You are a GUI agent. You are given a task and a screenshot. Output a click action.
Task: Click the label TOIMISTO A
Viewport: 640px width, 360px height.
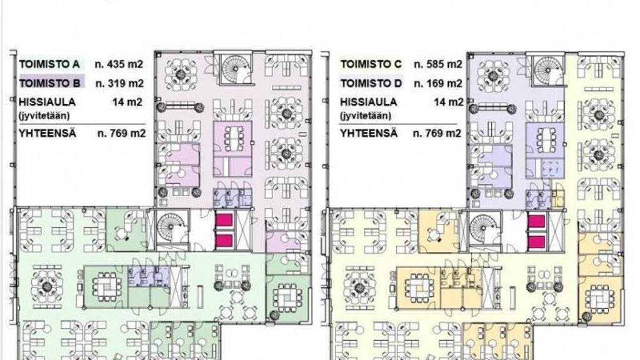coord(49,64)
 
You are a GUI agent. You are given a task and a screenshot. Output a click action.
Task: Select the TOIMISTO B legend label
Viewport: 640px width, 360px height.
coord(49,83)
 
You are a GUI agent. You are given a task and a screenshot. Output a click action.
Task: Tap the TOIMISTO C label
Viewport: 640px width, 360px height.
coord(371,64)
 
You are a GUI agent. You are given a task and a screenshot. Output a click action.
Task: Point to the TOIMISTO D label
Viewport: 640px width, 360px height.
coord(371,83)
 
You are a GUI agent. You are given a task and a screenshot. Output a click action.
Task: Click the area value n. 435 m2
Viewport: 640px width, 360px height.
coord(119,64)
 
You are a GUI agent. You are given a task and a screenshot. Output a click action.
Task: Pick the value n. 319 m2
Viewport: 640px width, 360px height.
coord(119,83)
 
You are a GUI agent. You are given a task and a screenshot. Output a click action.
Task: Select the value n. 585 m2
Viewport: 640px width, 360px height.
coord(438,64)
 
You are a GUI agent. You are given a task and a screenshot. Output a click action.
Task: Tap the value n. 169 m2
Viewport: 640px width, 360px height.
coord(438,83)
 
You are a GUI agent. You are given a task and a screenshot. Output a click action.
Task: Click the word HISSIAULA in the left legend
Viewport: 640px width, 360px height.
coord(47,102)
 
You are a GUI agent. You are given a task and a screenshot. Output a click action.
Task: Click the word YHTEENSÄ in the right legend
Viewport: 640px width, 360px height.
coord(369,133)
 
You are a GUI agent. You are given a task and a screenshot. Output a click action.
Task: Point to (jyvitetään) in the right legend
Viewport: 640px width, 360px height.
coord(365,116)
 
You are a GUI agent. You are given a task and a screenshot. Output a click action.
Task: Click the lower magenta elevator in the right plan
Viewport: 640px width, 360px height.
coord(536,242)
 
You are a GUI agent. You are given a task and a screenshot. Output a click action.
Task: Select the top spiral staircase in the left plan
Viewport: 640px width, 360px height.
coord(234,67)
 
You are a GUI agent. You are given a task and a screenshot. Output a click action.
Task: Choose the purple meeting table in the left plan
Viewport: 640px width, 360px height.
coord(234,138)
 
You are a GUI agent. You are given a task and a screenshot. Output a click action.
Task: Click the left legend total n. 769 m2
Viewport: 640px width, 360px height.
coord(121,133)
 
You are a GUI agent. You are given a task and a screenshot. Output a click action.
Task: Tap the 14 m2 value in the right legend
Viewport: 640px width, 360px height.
coord(449,102)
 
